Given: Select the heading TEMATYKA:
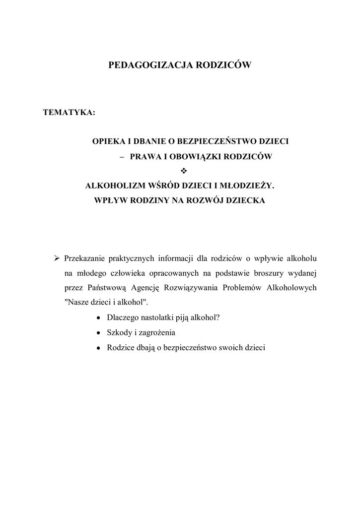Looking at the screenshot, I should point(69,113).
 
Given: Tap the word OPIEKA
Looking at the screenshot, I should point(108,141).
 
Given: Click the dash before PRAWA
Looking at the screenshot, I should point(122,156).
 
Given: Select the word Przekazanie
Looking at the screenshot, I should point(85,258).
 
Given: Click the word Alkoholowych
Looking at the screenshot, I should point(292,288).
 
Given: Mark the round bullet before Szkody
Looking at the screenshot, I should point(99,333).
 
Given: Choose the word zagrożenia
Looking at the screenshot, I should point(158,333).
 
